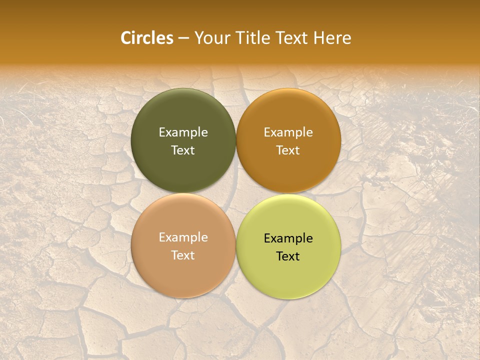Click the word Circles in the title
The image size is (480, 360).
[x=147, y=38]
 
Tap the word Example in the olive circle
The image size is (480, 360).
[x=183, y=132]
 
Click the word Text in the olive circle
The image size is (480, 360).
[x=183, y=150]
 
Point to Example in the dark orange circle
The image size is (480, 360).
[x=288, y=132]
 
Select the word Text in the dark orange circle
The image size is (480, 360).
[x=288, y=150]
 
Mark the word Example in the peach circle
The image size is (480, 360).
[x=183, y=237]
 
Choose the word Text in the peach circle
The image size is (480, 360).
[x=183, y=255]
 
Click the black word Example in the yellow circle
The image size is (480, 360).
[x=288, y=238]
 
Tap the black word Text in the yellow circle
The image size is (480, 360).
[x=288, y=256]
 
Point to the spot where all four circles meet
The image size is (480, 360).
[x=236, y=193]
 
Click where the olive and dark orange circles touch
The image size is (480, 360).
[x=236, y=141]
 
